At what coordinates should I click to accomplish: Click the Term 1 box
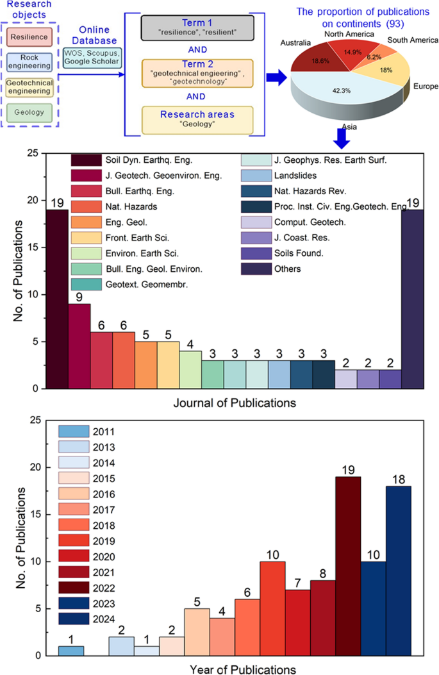click(x=198, y=27)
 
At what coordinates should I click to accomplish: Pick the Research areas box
click(x=198, y=119)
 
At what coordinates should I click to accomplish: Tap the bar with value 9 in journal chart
click(x=79, y=346)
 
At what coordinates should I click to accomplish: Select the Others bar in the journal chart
click(x=412, y=299)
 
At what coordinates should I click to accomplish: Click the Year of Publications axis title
click(x=242, y=669)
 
